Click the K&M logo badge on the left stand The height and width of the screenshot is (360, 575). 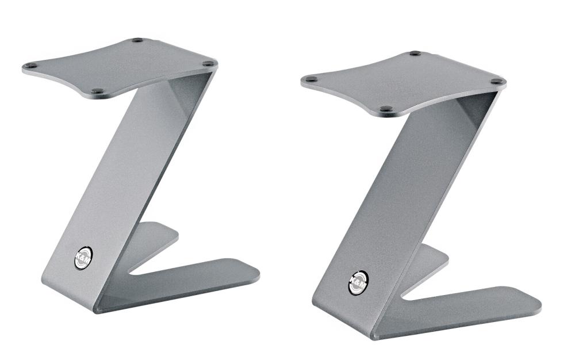[x=83, y=258]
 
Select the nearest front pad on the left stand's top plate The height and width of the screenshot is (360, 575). [x=98, y=91]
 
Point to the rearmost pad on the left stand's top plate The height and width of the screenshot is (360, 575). [x=137, y=40]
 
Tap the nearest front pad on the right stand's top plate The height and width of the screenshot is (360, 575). [x=385, y=108]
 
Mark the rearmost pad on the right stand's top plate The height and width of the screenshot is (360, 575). [x=414, y=53]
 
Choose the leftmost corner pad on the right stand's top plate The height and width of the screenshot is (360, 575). [x=311, y=80]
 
